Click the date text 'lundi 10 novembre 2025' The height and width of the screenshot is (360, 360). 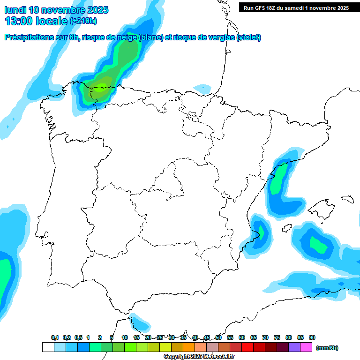click(56, 10)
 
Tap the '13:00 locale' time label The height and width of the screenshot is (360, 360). click(37, 21)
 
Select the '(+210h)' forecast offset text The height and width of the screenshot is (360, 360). click(83, 21)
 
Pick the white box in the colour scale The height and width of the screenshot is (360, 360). click(48, 347)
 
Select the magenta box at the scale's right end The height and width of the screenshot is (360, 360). click(306, 347)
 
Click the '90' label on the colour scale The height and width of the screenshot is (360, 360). click(312, 337)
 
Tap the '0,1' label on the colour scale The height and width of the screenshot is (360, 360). click(55, 337)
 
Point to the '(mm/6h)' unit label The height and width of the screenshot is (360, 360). click(327, 348)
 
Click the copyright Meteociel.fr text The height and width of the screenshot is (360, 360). click(199, 357)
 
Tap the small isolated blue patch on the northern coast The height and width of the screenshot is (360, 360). click(202, 88)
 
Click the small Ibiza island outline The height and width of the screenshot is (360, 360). click(286, 228)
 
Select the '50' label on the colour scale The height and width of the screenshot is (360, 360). click(218, 337)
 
